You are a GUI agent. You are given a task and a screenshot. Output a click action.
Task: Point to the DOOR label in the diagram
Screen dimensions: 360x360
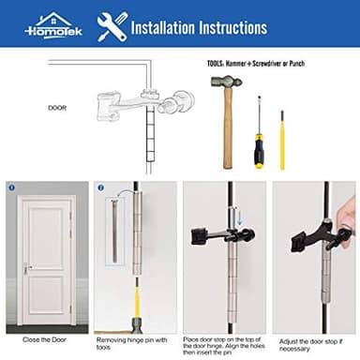[57, 107]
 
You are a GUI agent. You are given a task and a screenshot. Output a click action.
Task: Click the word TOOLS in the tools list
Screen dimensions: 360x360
[217, 64]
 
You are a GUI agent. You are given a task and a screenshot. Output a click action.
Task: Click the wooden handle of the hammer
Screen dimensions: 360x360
[228, 131]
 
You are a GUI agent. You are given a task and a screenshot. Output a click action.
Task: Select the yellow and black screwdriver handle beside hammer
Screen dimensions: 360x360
[256, 149]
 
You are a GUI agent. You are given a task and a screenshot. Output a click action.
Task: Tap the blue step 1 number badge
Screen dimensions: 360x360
[12, 187]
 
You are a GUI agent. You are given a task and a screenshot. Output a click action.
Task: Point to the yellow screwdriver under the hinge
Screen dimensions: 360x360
[136, 306]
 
